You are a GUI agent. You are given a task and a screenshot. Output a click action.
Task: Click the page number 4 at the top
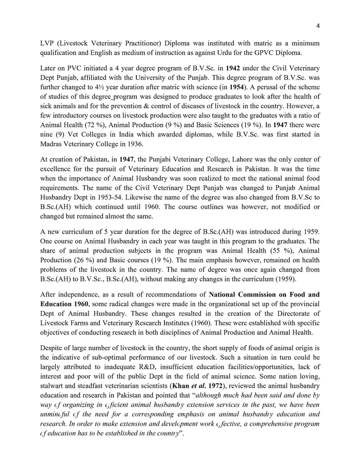pos(318,26)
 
